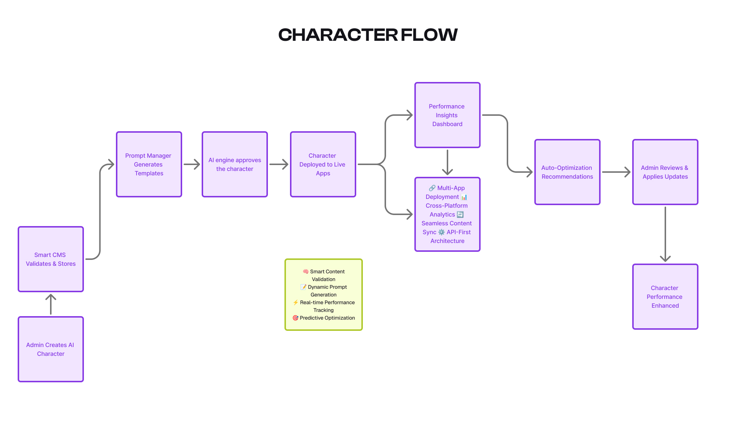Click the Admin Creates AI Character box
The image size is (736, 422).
tap(51, 349)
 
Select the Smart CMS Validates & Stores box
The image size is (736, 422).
tap(51, 259)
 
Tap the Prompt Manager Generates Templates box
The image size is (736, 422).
tap(149, 164)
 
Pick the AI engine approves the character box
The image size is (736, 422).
tap(234, 164)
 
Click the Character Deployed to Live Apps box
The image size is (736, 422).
tap(323, 164)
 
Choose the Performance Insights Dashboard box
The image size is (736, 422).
tap(447, 115)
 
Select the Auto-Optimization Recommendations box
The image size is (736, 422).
tap(567, 172)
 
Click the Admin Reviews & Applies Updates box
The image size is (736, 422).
tap(665, 172)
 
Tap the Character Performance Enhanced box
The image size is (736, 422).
tap(665, 297)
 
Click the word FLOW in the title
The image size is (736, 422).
tap(429, 35)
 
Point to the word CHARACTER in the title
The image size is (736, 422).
tap(338, 35)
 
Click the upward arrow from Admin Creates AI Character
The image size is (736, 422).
tap(51, 304)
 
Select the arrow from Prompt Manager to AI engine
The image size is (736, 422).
tap(192, 164)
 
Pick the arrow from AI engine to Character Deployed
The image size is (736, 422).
tap(279, 164)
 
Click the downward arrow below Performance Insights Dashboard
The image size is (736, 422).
tap(447, 162)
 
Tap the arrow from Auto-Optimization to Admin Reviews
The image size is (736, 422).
tap(616, 172)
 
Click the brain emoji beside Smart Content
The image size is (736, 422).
tap(305, 272)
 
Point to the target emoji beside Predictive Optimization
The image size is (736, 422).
tap(295, 318)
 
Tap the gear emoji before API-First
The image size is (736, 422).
tap(441, 232)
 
